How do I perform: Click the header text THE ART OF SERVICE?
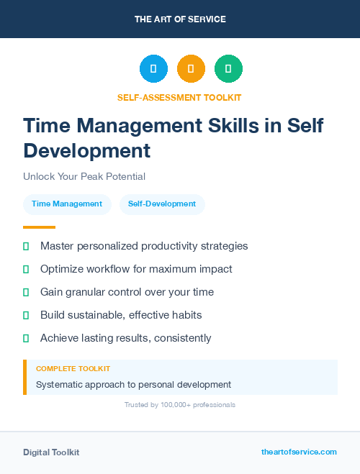[x=180, y=19]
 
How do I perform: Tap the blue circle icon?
[x=153, y=69]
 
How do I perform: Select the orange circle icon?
[x=191, y=69]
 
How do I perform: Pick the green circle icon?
[x=228, y=69]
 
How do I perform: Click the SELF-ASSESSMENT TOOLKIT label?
[x=180, y=97]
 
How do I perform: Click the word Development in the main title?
[x=87, y=151]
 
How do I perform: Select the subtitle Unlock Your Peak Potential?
[x=84, y=176]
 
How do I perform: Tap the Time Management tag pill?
[x=67, y=204]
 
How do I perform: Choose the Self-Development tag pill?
[x=162, y=204]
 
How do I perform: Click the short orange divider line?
[x=39, y=227]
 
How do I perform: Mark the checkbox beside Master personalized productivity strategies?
[x=26, y=247]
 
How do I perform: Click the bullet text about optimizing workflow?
[x=136, y=269]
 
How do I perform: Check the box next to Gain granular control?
[x=26, y=293]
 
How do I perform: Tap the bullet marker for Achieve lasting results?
[x=26, y=338]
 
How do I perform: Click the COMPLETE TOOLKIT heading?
[x=73, y=368]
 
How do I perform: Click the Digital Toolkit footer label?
[x=51, y=452]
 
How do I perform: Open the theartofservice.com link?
[x=299, y=452]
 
